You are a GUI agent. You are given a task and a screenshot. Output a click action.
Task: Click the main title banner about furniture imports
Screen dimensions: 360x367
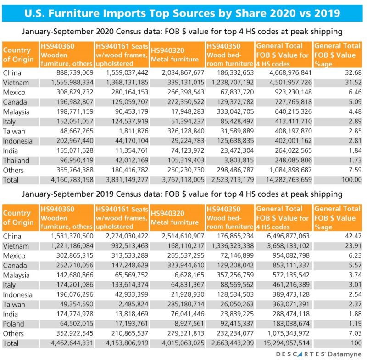click(x=183, y=11)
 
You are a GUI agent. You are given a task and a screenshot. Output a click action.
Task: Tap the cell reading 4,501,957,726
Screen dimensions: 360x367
click(x=284, y=83)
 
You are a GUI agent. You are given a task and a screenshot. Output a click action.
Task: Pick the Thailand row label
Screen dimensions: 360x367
click(x=17, y=160)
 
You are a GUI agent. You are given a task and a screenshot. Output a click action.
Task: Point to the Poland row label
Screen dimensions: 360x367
click(x=14, y=324)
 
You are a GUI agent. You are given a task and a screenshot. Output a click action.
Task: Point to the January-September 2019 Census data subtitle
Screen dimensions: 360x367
click(x=183, y=194)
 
